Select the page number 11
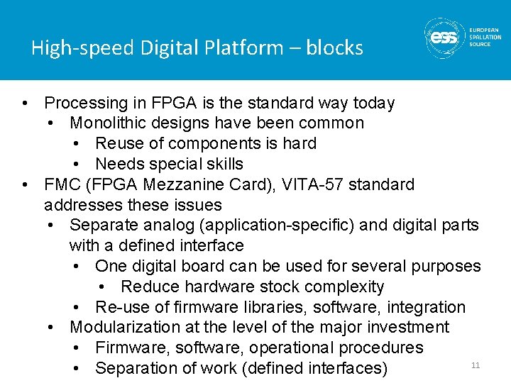(476, 365)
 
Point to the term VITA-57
(309, 184)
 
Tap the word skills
(221, 164)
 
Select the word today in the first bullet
(373, 103)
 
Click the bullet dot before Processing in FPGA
(26, 103)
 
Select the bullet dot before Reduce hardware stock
(103, 287)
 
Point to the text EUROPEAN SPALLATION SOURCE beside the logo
(485, 38)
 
